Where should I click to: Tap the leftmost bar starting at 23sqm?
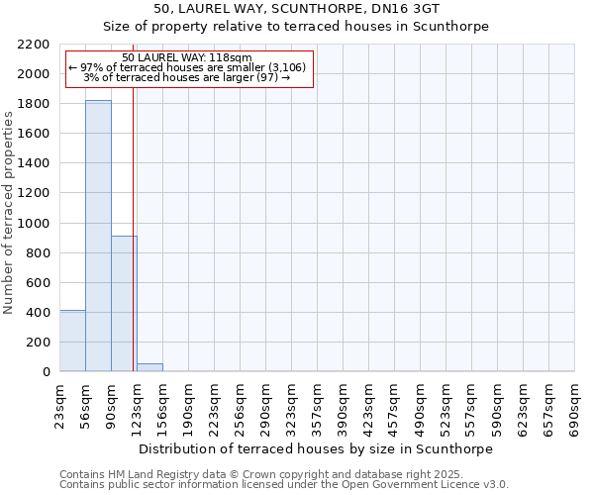point(72,341)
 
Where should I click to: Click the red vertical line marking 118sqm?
point(133,198)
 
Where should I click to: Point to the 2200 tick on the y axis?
point(38,45)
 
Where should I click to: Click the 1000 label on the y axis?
point(38,224)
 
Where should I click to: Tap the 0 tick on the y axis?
point(47,372)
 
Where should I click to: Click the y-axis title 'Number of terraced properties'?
point(9,213)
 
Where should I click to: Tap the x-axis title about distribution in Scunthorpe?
point(316,448)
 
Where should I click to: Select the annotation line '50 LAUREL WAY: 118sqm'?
point(187,57)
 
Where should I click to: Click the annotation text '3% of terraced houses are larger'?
point(187,77)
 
